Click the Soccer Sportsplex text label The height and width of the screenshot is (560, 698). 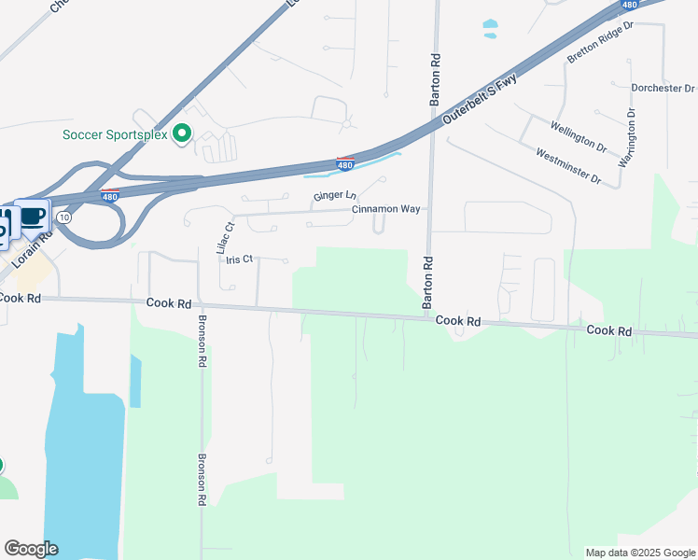click(114, 134)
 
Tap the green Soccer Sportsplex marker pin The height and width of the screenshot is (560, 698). click(183, 134)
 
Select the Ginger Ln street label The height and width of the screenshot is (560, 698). click(335, 196)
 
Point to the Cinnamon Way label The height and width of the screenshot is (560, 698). click(385, 209)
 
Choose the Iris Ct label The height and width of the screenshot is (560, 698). click(240, 259)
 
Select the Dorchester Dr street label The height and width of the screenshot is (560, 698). click(663, 89)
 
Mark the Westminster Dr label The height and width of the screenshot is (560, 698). click(567, 165)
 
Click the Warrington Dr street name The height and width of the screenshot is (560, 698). click(628, 137)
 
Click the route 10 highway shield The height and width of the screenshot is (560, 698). click(63, 217)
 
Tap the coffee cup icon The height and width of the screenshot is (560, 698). click(33, 217)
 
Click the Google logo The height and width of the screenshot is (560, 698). click(31, 549)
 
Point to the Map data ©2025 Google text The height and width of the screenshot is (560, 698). click(639, 553)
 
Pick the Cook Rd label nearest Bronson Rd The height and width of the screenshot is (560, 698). click(169, 304)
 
